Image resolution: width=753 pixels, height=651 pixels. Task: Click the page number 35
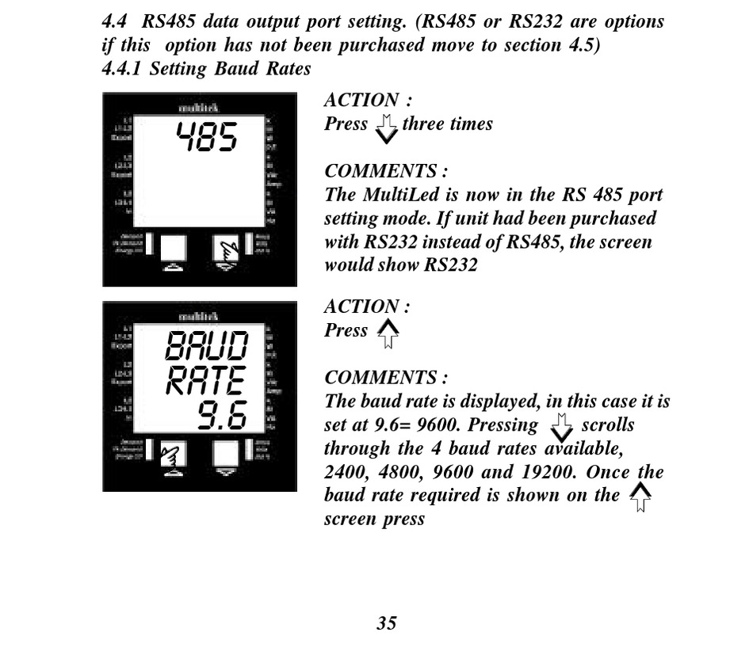click(386, 623)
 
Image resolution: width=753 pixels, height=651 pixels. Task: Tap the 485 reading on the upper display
click(206, 137)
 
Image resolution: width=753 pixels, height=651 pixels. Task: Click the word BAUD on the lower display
click(207, 346)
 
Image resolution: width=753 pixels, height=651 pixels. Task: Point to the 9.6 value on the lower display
click(223, 415)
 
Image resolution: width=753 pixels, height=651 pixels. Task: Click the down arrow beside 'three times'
click(386, 128)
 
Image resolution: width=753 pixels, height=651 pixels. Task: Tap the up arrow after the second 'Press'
click(388, 333)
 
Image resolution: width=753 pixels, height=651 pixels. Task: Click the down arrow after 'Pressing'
click(561, 428)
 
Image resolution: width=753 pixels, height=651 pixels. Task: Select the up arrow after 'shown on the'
click(640, 497)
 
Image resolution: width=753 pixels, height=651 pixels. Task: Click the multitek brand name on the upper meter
click(199, 107)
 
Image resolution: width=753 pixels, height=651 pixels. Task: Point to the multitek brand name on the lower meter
click(199, 316)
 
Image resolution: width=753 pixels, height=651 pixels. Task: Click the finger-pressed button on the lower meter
click(174, 454)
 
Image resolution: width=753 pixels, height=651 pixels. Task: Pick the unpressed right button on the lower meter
click(226, 452)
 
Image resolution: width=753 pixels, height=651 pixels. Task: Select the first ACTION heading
click(367, 101)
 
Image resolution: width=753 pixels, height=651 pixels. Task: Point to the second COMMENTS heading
click(386, 378)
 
